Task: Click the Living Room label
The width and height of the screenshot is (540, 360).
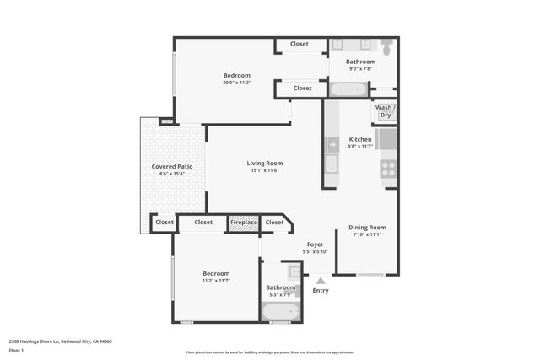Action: pos(265,163)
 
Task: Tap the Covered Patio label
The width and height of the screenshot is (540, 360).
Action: pos(172,167)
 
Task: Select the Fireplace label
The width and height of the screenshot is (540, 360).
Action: pos(244,223)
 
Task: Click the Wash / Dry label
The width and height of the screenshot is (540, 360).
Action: pos(385,108)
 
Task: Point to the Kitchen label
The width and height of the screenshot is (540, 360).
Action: pos(360,139)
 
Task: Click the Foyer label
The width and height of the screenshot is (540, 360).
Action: pos(316,244)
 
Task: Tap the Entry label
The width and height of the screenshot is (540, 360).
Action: pos(321,291)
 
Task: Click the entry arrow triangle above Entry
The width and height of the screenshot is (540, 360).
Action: pos(320,280)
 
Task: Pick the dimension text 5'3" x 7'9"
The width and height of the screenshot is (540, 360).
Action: pos(279,294)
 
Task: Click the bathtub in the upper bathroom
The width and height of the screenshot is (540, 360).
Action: pos(347,89)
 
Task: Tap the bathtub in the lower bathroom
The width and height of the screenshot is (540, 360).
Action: pos(279,313)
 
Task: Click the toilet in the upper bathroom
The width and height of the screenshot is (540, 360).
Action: pos(386,49)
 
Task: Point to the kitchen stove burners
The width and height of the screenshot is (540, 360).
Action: pos(388,169)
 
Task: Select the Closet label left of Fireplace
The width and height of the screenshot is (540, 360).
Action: pos(203,223)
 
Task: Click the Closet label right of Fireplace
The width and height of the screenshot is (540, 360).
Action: pos(274,223)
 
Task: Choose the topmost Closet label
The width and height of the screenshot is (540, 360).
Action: pos(300,44)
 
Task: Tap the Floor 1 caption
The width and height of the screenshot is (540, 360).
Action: pos(16,349)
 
